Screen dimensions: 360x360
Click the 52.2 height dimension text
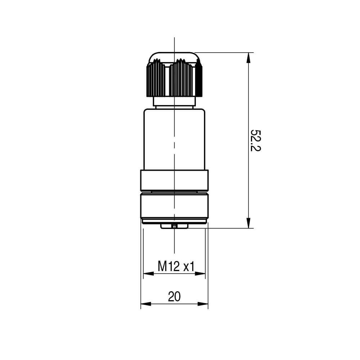(x=255, y=140)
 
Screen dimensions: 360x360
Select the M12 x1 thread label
(x=176, y=266)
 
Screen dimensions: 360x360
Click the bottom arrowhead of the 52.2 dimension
(x=248, y=223)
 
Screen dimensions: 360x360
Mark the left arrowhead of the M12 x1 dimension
(x=149, y=274)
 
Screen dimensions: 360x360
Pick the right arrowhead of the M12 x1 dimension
(x=200, y=274)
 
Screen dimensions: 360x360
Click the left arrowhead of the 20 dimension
(x=146, y=304)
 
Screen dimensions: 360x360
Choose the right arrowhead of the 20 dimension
(x=203, y=304)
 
